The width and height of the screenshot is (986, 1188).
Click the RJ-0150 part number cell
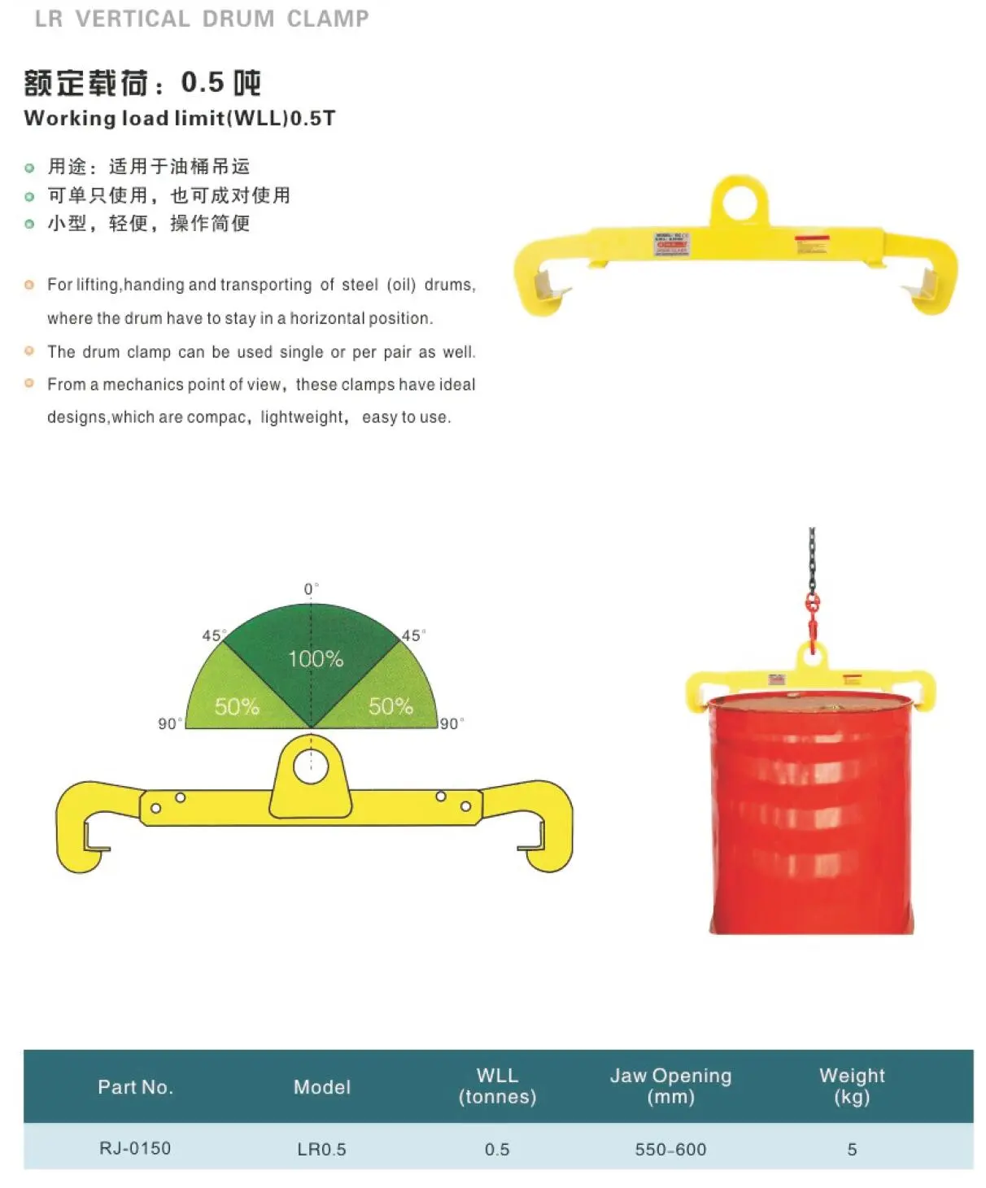tap(135, 1148)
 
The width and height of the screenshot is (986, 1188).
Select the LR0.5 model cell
tap(321, 1149)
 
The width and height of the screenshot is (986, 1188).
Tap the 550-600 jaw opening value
tap(670, 1149)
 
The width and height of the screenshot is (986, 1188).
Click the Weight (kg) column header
tap(852, 1085)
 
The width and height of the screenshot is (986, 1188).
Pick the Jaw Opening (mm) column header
tap(670, 1085)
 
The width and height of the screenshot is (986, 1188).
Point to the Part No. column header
tap(135, 1087)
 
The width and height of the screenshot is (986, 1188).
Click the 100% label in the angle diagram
tap(316, 658)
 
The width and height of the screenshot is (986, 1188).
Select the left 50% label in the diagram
tap(237, 706)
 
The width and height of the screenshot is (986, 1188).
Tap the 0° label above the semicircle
tap(311, 588)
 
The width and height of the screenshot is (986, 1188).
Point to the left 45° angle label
tap(213, 635)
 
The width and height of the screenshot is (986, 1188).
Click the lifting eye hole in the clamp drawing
tap(310, 766)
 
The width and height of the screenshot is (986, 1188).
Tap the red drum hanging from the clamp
tap(810, 814)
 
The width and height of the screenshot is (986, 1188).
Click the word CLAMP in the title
tap(328, 19)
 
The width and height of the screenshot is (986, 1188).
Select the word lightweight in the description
tap(303, 417)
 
